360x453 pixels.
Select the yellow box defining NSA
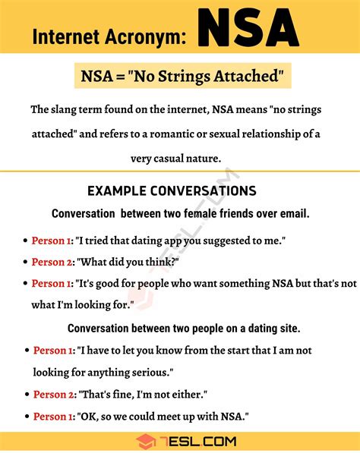tap(180, 77)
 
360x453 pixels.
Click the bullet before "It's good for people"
tap(24, 284)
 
